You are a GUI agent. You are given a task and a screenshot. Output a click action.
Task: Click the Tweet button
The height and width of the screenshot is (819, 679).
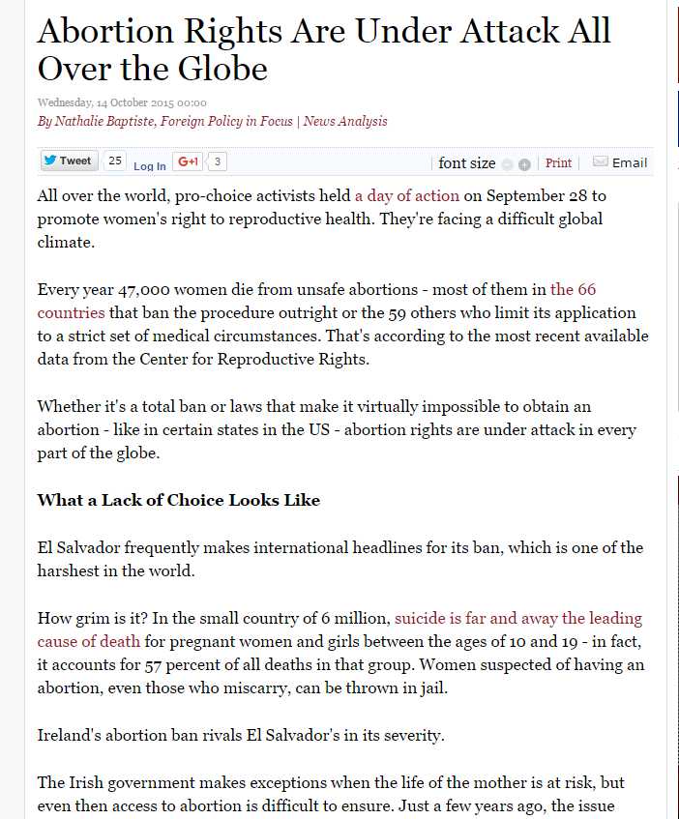click(x=67, y=161)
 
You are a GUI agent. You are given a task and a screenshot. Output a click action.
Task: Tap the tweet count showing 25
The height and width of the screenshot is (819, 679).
click(x=114, y=161)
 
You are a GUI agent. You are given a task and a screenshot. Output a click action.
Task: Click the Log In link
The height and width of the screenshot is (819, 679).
click(x=149, y=166)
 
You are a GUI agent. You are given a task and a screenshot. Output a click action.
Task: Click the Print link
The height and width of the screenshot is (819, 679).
click(x=558, y=163)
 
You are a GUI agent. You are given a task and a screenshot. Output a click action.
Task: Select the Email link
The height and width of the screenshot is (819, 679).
click(x=630, y=162)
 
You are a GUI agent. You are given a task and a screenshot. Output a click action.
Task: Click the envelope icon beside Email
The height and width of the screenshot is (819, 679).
click(x=600, y=161)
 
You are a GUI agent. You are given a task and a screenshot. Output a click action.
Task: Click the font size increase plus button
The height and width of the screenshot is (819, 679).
click(x=524, y=164)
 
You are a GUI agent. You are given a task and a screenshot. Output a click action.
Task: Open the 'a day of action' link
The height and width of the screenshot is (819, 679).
click(x=406, y=195)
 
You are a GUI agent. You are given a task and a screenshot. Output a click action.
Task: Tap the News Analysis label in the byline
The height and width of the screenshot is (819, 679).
click(x=345, y=121)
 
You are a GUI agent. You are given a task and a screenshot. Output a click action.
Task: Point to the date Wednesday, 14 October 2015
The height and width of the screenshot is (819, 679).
click(x=121, y=102)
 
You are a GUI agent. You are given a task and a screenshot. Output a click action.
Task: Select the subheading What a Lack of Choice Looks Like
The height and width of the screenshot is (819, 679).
click(x=178, y=500)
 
